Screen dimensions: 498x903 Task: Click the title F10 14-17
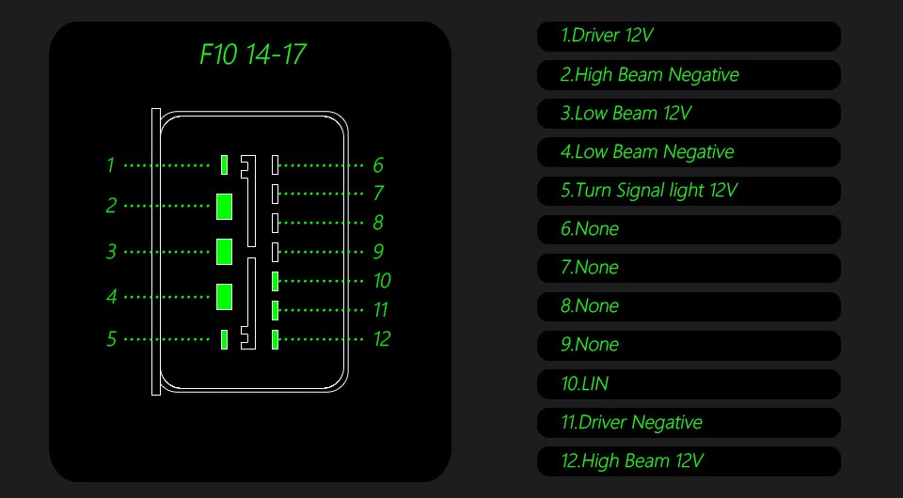click(252, 54)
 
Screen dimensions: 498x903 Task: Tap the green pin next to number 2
click(224, 206)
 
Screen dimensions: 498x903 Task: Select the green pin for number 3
click(224, 252)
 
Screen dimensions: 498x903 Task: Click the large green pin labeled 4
click(224, 296)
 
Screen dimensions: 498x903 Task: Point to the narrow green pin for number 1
click(224, 164)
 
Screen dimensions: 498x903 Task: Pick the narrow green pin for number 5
click(224, 339)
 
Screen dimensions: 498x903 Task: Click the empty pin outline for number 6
click(275, 164)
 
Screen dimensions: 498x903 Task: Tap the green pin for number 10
click(275, 280)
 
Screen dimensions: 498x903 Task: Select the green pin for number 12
click(275, 339)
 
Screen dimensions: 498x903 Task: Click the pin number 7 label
click(378, 194)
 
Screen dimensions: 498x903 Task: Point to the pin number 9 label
click(378, 252)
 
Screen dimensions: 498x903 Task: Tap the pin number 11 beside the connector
click(381, 310)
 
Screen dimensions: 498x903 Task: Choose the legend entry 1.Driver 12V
click(689, 37)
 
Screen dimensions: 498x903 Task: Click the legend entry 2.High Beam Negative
click(689, 75)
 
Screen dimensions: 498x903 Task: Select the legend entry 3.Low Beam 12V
click(689, 114)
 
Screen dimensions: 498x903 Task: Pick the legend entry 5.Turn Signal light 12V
click(689, 191)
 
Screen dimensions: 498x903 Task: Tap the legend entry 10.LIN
click(689, 383)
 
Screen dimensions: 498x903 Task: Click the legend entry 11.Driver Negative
click(689, 422)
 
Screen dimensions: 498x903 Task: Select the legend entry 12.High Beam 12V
click(689, 460)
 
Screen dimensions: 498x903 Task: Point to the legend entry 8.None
click(689, 306)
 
